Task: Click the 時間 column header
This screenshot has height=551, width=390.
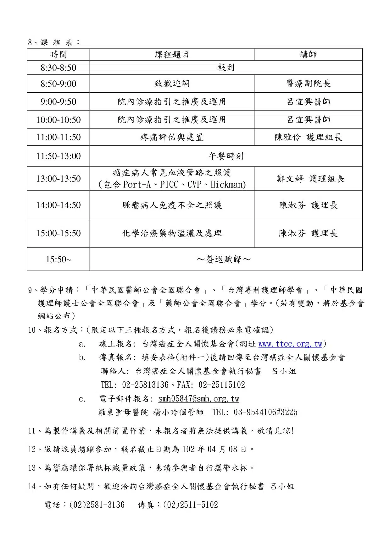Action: coord(58,55)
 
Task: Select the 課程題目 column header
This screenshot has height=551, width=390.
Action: coord(172,55)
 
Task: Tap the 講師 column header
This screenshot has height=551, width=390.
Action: coord(308,55)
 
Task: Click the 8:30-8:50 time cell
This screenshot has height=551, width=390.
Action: coord(58,68)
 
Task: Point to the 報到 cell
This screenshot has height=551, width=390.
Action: coord(226,68)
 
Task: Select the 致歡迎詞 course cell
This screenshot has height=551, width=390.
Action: coord(172,84)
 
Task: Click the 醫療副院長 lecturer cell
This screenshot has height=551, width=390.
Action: coord(308,84)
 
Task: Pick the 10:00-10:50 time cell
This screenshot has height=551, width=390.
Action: coord(58,120)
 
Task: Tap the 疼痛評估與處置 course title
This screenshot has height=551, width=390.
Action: coord(172,137)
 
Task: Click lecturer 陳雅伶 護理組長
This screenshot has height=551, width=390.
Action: coord(308,137)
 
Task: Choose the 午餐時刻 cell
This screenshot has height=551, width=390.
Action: coord(226,156)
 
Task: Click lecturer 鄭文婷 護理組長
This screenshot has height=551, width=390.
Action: coord(310,179)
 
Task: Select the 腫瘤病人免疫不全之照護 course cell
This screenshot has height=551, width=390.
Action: coord(172,205)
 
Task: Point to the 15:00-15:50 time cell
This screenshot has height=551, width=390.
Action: coord(58,233)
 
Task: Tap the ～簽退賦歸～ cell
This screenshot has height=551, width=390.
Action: coord(224,259)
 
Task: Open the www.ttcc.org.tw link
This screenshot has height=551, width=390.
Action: coord(290,344)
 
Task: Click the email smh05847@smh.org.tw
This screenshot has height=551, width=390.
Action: coord(198,399)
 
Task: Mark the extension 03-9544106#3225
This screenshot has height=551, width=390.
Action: coord(265,412)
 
